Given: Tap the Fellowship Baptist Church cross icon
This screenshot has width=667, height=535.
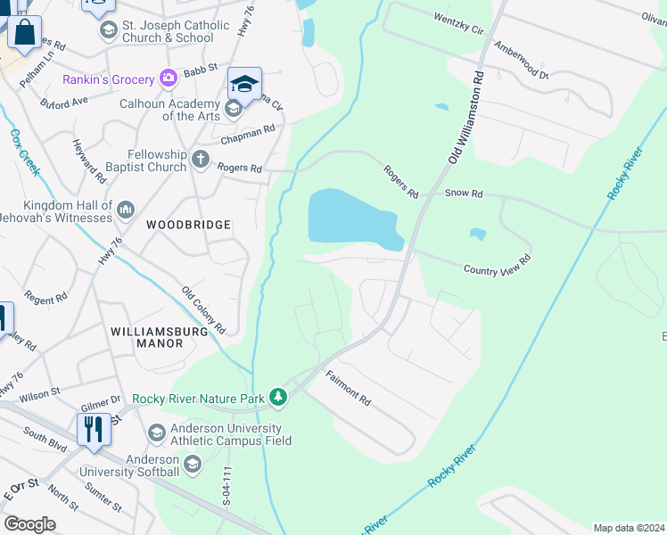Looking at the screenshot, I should click(x=201, y=160).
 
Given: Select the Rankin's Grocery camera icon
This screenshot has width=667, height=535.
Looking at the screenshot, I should click(x=168, y=78).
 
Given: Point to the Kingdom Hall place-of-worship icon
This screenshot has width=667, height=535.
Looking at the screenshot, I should click(x=125, y=210).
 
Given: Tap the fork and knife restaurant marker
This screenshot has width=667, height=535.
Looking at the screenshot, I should click(x=93, y=429).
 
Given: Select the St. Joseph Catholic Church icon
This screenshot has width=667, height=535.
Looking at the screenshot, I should click(x=109, y=31).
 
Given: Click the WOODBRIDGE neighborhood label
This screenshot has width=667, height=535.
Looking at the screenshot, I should click(x=188, y=226).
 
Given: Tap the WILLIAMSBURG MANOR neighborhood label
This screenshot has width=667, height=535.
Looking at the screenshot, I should click(x=159, y=338).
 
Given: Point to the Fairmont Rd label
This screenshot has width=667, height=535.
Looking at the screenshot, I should click(x=348, y=388).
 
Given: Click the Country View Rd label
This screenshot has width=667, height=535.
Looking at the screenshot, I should click(x=497, y=265).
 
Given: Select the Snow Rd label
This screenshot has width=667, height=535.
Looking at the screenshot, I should click(x=463, y=193).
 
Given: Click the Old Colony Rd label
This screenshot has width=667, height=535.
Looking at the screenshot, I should click(x=204, y=309).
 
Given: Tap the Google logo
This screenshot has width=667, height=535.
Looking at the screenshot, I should click(x=29, y=524).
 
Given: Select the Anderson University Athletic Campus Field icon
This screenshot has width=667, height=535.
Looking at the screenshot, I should click(x=157, y=432).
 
